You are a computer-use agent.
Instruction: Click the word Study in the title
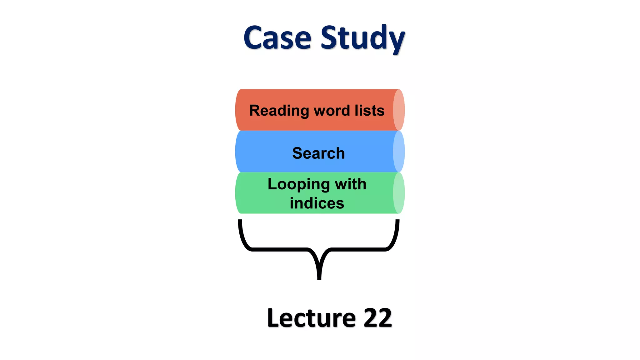coord(362,38)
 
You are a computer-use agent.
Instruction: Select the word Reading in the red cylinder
coord(279,111)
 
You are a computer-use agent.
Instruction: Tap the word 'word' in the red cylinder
coord(332,111)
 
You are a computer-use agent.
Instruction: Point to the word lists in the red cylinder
coord(369,110)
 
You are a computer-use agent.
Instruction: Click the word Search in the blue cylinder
coord(318,153)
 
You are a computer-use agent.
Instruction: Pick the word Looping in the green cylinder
coord(298,184)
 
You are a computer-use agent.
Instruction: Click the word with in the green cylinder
coord(350,184)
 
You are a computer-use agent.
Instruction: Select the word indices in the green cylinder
coord(317,203)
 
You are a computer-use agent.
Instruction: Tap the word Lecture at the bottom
coord(311,318)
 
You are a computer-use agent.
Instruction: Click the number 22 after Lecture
coord(377,318)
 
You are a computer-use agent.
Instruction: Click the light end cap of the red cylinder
coord(399,110)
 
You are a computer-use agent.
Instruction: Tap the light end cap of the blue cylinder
coord(399,152)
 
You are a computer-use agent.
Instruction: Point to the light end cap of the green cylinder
coord(399,193)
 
